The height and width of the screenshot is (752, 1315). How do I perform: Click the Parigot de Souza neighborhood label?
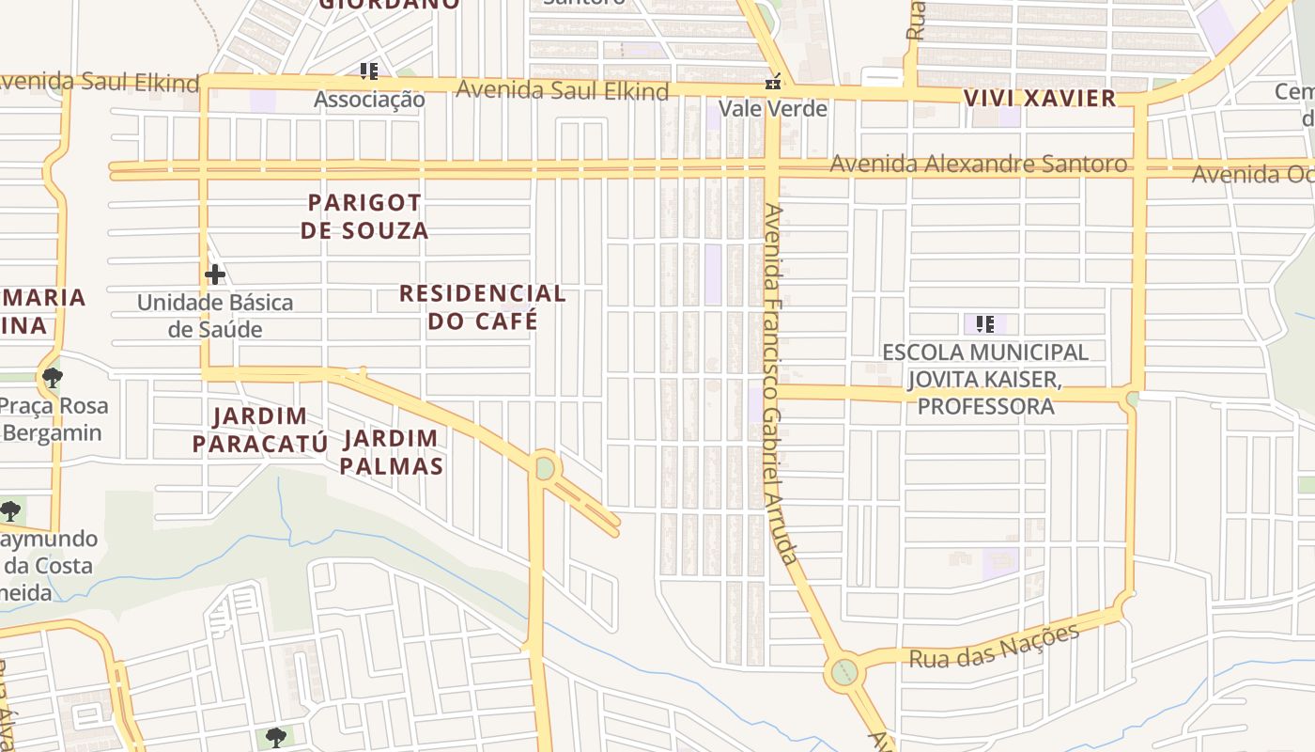click(364, 216)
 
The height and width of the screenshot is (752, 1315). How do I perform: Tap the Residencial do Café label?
click(483, 306)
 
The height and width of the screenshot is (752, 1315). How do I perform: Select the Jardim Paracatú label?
click(259, 430)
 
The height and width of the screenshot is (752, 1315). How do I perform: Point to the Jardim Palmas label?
click(391, 451)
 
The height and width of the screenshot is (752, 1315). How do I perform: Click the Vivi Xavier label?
click(1040, 98)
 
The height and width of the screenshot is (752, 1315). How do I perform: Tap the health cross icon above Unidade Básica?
click(215, 274)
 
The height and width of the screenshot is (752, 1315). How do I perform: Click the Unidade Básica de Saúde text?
click(215, 316)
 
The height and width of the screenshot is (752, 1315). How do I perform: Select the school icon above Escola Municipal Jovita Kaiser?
click(985, 324)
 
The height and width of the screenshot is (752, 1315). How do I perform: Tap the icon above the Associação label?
click(369, 70)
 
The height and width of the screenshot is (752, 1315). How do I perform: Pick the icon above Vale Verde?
click(773, 83)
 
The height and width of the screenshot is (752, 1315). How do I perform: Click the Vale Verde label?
click(773, 108)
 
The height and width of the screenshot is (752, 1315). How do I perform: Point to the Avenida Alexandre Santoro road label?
click(977, 164)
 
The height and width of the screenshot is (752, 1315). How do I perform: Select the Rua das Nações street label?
click(994, 646)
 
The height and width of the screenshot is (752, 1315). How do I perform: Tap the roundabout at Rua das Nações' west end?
click(844, 672)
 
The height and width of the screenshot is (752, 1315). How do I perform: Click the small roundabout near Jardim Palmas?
click(545, 467)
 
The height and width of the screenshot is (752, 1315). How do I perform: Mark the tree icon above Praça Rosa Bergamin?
click(53, 378)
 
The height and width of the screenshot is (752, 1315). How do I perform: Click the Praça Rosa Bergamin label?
click(54, 419)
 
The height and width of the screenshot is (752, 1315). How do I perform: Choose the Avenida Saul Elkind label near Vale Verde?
click(562, 90)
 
